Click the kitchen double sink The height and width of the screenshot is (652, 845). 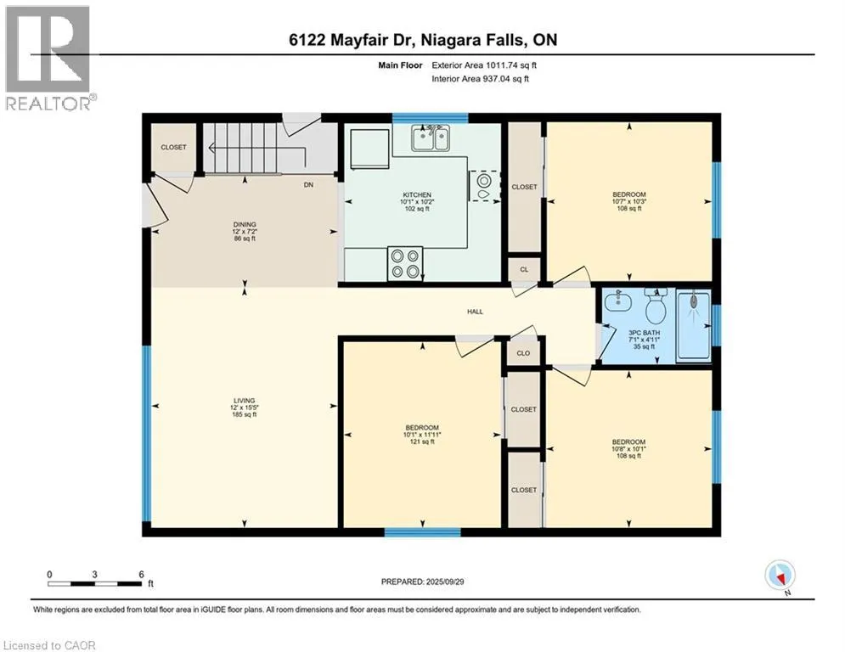point(431,138)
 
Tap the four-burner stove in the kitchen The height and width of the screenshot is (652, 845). point(405,263)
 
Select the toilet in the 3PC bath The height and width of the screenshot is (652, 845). point(656,306)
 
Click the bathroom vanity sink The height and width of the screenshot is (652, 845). point(618,300)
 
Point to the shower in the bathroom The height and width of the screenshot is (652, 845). point(694,325)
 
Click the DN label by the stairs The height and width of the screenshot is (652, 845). point(308,185)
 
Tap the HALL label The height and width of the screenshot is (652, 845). point(475,312)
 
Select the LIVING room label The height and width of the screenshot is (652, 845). point(244,407)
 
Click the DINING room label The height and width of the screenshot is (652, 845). point(245,231)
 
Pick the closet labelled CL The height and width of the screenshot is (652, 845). point(524,269)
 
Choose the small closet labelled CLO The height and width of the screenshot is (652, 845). point(523,353)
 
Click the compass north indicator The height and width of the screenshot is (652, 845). point(780,576)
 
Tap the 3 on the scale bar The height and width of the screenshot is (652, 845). point(94,575)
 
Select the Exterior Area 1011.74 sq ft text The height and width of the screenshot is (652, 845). point(484,65)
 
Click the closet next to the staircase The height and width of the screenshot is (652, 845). point(173,147)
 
